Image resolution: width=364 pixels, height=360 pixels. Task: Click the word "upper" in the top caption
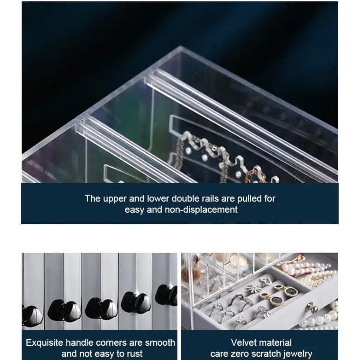point(115,199)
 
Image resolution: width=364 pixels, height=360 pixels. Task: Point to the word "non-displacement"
point(201,209)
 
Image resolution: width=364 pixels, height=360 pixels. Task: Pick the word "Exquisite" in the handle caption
point(44,343)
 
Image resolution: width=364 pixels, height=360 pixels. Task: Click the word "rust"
point(134,354)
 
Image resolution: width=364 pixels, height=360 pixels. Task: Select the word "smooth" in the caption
point(160,343)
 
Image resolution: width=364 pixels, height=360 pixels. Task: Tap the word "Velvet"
point(244,343)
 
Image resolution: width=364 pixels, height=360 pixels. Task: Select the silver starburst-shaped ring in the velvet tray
point(254,289)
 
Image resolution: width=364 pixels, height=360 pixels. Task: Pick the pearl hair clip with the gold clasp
point(302,266)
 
